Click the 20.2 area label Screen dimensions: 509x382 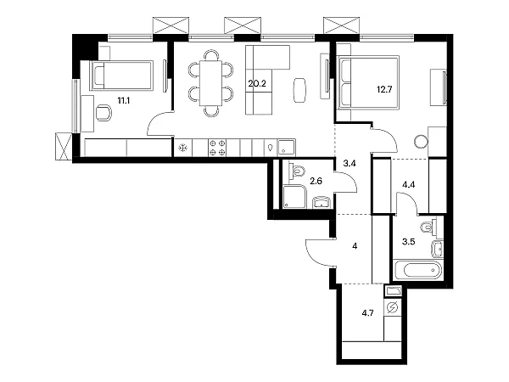click(x=257, y=84)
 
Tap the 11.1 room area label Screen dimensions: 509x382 click(x=124, y=101)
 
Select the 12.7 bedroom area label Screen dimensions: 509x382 click(x=384, y=89)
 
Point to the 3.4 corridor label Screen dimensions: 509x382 click(x=350, y=163)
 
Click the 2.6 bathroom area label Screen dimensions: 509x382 click(x=316, y=182)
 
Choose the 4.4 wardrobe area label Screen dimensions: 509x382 click(x=408, y=185)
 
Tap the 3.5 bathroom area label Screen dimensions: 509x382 click(x=408, y=242)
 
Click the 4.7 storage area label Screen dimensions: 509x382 click(x=367, y=313)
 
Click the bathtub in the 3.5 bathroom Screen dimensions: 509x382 click(x=418, y=270)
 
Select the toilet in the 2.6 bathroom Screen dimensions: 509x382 click(x=297, y=171)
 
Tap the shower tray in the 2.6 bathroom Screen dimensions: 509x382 click(x=294, y=197)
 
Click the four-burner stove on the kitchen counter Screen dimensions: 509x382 click(x=217, y=148)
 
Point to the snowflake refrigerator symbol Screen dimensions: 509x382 click(x=183, y=148)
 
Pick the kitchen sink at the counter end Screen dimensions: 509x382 click(x=287, y=148)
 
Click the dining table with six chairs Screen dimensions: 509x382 click(x=210, y=83)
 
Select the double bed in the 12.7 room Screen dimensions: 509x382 click(x=369, y=81)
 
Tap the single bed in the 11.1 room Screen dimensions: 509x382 click(x=121, y=75)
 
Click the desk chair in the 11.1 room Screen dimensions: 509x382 click(x=103, y=113)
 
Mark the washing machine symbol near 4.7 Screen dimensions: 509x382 click(x=393, y=307)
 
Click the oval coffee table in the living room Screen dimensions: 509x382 click(x=300, y=90)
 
